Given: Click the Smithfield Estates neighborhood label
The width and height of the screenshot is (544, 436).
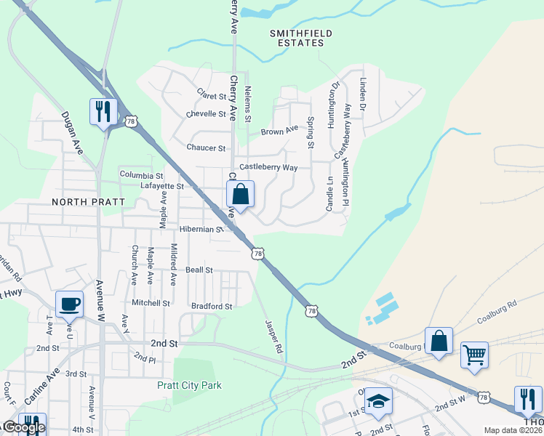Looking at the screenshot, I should click(x=297, y=38).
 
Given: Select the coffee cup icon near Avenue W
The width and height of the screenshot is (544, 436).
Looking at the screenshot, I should click(x=70, y=304).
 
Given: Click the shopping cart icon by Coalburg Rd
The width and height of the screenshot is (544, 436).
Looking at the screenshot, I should click(x=474, y=355).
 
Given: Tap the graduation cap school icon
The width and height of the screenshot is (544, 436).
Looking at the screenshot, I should click(x=378, y=401).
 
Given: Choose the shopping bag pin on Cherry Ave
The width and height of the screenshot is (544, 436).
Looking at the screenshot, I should click(x=241, y=194).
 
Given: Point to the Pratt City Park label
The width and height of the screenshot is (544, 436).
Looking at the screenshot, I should click(x=189, y=385).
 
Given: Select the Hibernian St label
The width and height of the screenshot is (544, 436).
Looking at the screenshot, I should click(x=201, y=229).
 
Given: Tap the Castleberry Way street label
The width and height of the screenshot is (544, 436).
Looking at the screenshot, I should click(x=268, y=167).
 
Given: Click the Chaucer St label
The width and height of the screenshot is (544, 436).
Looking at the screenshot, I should click(x=206, y=148).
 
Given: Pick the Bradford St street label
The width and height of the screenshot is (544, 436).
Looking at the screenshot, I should click(x=211, y=306).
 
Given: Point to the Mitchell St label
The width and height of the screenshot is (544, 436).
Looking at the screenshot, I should click(x=151, y=302).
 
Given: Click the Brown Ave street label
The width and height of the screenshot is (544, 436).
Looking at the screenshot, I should click(x=280, y=132).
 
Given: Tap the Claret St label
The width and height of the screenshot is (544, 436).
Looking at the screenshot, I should click(x=212, y=94).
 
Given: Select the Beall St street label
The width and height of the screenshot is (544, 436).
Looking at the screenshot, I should click(x=199, y=270).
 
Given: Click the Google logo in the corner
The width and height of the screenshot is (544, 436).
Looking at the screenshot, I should click(x=23, y=428).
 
